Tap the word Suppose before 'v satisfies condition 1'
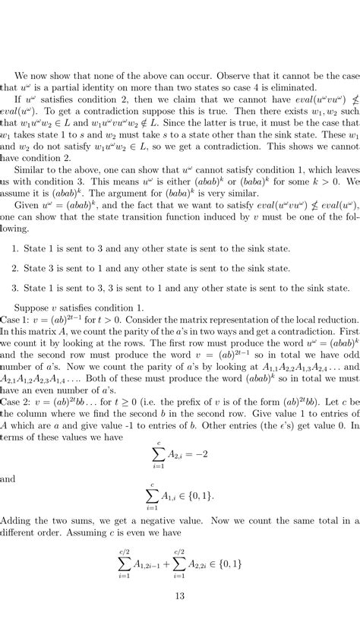37,308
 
